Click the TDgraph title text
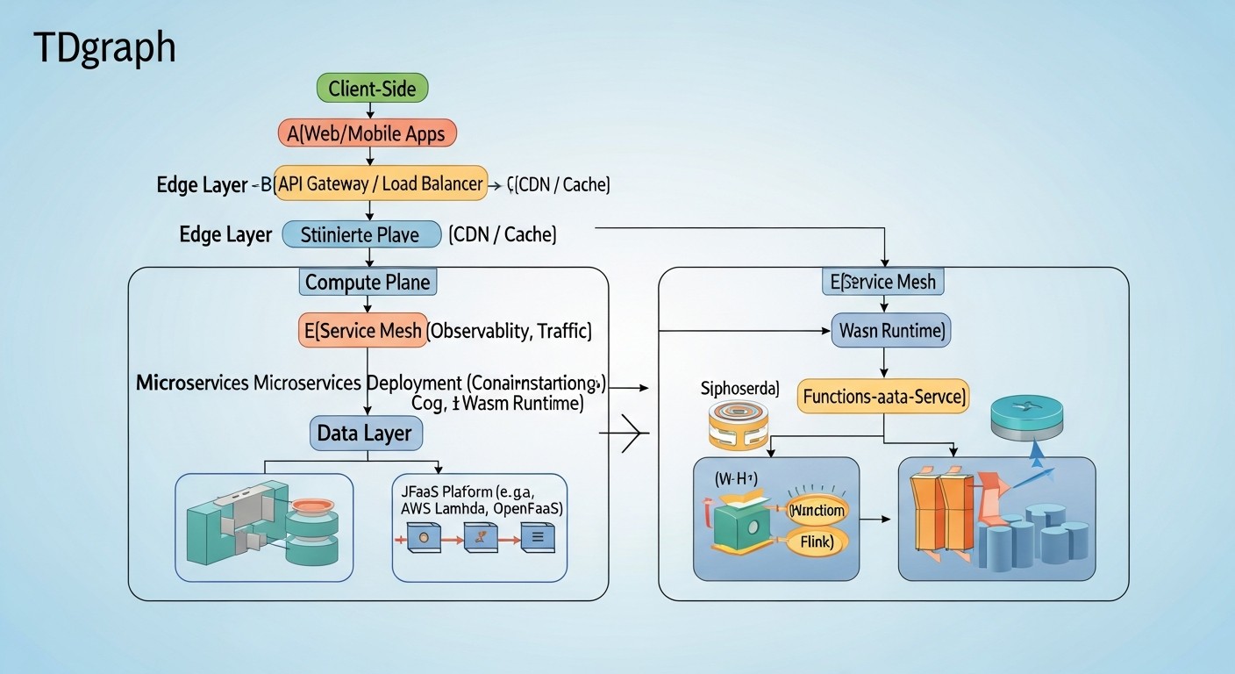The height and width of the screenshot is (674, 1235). click(x=104, y=48)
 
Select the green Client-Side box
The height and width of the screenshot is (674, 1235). click(x=372, y=88)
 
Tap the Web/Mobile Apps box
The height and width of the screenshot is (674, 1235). click(x=367, y=133)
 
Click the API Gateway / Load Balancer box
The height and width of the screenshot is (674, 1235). click(x=381, y=184)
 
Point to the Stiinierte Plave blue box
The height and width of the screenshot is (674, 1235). click(x=361, y=235)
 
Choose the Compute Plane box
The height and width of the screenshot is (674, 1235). click(x=368, y=283)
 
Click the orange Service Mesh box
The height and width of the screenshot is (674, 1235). click(x=363, y=331)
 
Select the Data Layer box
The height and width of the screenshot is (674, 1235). click(x=366, y=434)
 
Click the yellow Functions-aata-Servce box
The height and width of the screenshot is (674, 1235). click(x=882, y=397)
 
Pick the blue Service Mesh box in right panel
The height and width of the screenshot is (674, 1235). click(x=884, y=283)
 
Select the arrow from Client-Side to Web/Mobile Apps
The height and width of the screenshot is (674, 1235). click(x=371, y=110)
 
